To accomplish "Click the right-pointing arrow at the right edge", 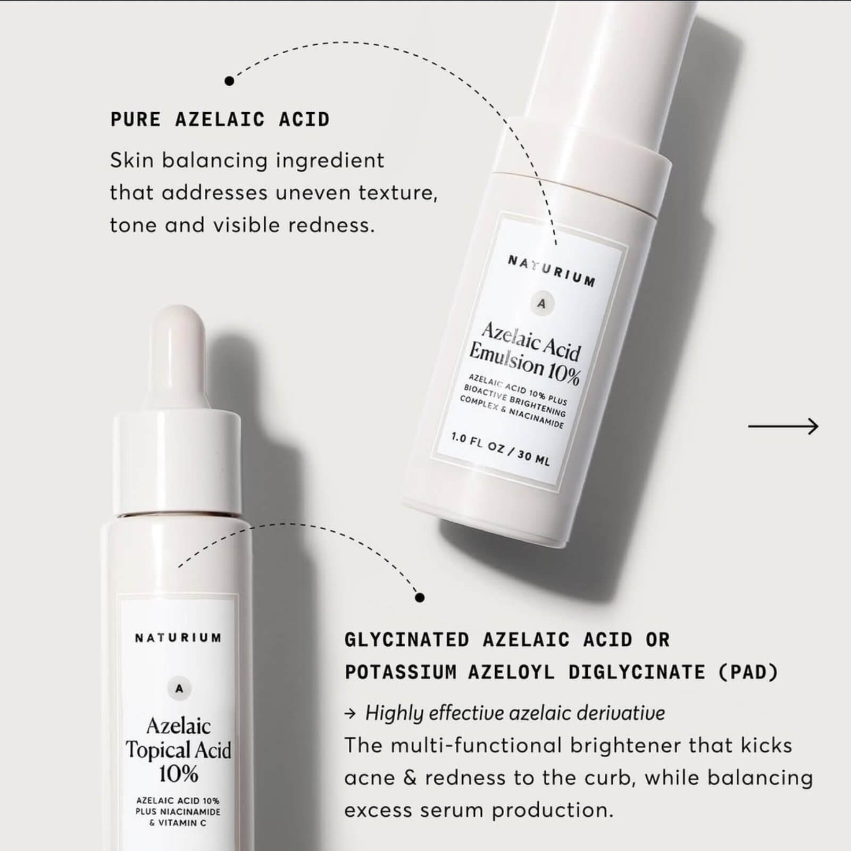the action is coord(783,426).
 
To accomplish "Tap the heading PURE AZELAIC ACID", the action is coord(220,120).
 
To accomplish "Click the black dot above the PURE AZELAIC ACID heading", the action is coord(229,81).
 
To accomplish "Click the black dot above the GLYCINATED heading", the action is coord(420,598).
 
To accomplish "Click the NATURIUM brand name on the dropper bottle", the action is coord(178,637).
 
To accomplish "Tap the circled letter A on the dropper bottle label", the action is coord(179,689).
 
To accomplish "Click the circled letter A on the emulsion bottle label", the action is coord(541,304).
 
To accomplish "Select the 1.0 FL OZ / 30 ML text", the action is coord(500,450).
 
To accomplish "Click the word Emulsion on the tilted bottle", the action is coord(507,358).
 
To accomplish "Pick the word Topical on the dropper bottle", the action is coord(154,750).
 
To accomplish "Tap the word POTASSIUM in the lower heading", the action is coord(401,672).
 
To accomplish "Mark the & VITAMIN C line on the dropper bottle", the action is coord(178,823).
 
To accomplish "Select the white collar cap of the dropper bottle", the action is coord(178,463).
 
